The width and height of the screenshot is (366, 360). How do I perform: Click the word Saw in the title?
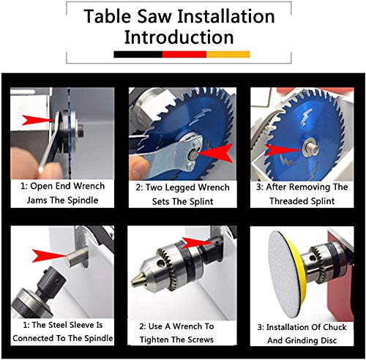pos(154,16)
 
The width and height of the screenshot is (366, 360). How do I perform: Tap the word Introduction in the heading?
pos(179,37)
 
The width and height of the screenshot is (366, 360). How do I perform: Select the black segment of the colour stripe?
pos(138,54)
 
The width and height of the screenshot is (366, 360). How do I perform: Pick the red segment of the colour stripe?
pos(184,54)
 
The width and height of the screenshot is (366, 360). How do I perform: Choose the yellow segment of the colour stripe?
pos(228,54)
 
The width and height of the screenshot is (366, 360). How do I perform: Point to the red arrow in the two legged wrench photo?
pos(214,153)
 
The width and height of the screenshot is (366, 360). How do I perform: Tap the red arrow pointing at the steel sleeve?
pos(50,255)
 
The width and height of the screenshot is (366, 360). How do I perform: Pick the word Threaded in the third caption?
pos(286,201)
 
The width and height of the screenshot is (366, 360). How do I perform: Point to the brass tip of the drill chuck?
pos(138,280)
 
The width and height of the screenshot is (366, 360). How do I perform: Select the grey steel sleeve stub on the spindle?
pos(75,258)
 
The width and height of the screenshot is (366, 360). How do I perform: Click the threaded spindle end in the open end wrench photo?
pos(80,130)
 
